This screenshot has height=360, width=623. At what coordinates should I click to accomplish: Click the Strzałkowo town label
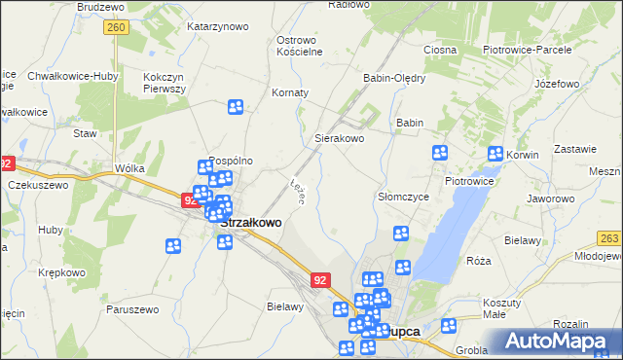click(251, 222)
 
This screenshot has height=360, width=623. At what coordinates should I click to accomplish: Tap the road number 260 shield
click(116, 29)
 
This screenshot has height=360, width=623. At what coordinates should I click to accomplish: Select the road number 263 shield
click(609, 238)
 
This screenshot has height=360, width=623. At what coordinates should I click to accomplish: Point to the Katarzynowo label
click(217, 26)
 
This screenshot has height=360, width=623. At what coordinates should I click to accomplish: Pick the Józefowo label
click(558, 85)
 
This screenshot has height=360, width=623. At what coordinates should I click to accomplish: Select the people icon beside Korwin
click(495, 154)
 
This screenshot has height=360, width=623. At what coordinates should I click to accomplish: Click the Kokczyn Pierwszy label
click(165, 82)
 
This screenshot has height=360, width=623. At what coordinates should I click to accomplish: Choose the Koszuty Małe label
click(502, 308)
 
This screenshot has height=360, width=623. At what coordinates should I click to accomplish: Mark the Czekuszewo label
click(38, 185)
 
